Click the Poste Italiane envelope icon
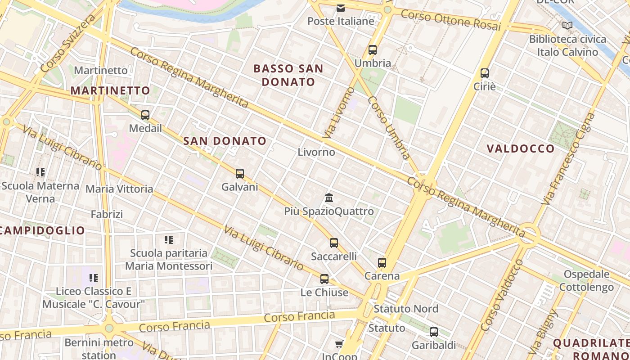[341, 8]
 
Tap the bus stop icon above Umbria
[372, 50]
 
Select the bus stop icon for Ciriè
[485, 73]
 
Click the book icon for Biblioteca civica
[567, 26]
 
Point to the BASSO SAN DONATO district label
[288, 75]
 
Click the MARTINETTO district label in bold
[110, 90]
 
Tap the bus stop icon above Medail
[145, 115]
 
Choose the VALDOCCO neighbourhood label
[521, 148]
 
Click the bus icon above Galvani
[240, 174]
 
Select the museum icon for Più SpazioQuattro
[329, 198]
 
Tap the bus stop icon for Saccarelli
[334, 243]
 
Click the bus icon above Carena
[382, 262]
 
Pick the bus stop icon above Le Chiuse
[324, 279]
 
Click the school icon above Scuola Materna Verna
[40, 172]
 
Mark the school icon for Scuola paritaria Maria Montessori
[169, 239]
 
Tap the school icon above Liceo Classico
[94, 278]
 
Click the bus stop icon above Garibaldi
[434, 332]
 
